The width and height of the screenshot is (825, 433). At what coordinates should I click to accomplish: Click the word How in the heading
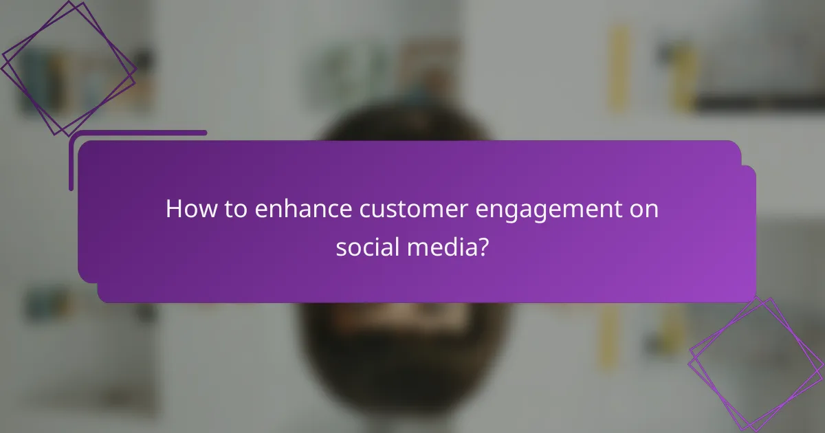188,209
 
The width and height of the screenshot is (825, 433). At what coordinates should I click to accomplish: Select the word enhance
302,209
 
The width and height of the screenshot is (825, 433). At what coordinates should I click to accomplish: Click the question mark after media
484,246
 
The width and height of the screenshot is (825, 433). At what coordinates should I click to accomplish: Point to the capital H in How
173,209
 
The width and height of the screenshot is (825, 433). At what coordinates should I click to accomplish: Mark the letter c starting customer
364,210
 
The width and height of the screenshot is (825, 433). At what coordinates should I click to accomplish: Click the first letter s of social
340,247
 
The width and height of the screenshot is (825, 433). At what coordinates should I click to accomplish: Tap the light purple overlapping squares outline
757,364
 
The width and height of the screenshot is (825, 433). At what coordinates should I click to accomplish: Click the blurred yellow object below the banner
608,337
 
